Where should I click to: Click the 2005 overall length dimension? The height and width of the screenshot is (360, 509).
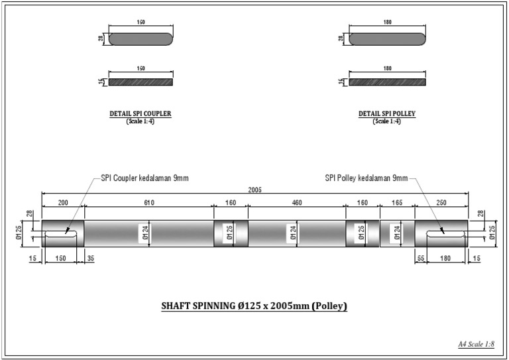pyautogui.click(x=254, y=190)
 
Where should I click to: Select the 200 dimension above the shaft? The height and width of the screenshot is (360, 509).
pyautogui.click(x=63, y=203)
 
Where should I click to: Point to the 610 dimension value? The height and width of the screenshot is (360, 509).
pyautogui.click(x=148, y=203)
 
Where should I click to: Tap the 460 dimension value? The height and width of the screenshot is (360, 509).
pyautogui.click(x=297, y=203)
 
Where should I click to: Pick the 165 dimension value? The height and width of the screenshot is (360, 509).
pyautogui.click(x=397, y=203)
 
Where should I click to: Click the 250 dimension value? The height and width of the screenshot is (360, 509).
pyautogui.click(x=441, y=203)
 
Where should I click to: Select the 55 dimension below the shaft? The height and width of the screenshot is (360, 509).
pyautogui.click(x=420, y=259)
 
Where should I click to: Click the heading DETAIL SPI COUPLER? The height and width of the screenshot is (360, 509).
pyautogui.click(x=140, y=114)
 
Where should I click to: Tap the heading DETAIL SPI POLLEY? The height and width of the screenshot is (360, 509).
pyautogui.click(x=387, y=114)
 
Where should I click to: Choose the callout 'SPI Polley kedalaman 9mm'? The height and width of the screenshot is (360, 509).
pyautogui.click(x=366, y=178)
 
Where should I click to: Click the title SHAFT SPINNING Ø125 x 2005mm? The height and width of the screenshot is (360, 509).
pyautogui.click(x=254, y=306)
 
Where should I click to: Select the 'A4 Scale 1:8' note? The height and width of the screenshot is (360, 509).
pyautogui.click(x=477, y=344)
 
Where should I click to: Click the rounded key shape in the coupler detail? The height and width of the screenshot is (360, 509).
pyautogui.click(x=141, y=39)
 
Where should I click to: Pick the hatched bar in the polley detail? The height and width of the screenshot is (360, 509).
pyautogui.click(x=387, y=82)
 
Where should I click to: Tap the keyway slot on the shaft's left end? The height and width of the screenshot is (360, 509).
pyautogui.click(x=63, y=233)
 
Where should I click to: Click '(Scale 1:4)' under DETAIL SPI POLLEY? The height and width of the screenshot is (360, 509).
pyautogui.click(x=387, y=121)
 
